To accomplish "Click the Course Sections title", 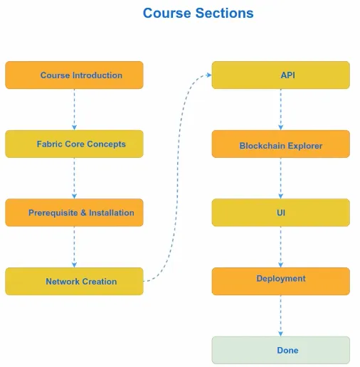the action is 198,13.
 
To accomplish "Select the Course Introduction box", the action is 74,75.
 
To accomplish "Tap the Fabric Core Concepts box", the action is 74,144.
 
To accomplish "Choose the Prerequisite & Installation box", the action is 74,213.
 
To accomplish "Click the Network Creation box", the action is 74,282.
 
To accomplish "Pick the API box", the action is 281,75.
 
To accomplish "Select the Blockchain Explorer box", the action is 281,144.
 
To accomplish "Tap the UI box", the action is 281,213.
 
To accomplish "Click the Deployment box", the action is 281,282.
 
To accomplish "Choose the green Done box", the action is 281,350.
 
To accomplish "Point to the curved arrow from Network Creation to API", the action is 177,178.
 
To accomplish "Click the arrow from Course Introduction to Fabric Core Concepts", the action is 74,110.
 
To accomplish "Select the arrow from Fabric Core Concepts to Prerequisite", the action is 74,179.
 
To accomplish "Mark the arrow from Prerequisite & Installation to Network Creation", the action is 74,247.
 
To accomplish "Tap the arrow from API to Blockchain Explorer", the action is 281,110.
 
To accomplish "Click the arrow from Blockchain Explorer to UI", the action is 281,179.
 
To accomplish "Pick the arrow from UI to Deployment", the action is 281,247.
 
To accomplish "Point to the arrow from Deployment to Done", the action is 281,316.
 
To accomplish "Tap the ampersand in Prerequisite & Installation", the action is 83,213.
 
